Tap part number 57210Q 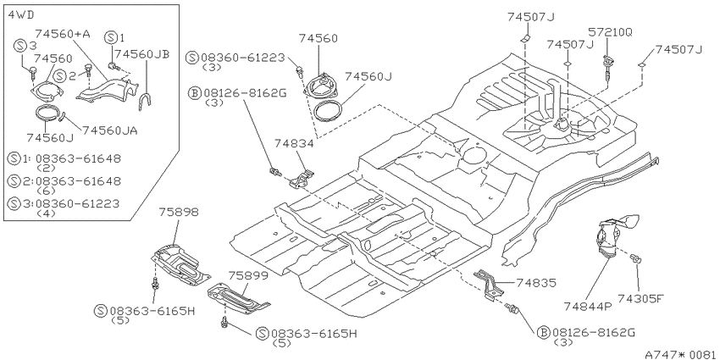tap(610, 32)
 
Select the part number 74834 tap(294, 144)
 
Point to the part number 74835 tap(536, 283)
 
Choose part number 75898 tap(179, 212)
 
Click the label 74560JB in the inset tap(142, 53)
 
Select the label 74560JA tap(110, 130)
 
